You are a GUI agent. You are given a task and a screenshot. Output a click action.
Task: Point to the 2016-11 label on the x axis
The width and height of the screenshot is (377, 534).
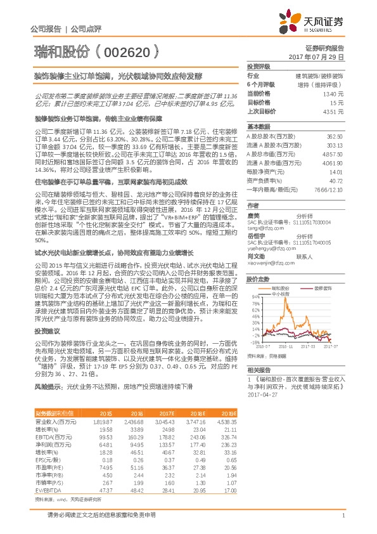tap(286, 347)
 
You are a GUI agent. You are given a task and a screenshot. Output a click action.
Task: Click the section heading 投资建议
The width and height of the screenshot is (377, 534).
tap(47, 349)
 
